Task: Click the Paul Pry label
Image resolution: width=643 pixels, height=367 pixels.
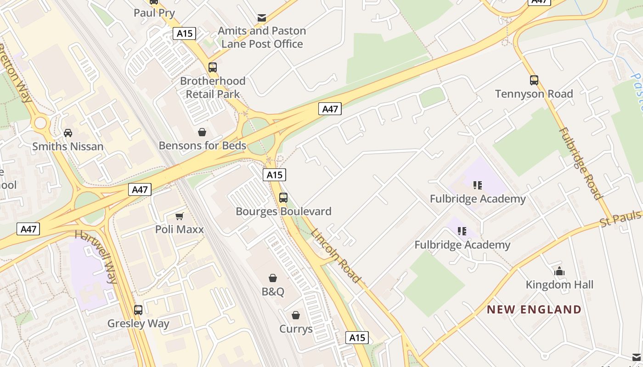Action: click(154, 13)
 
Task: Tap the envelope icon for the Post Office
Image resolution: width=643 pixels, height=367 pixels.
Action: click(262, 18)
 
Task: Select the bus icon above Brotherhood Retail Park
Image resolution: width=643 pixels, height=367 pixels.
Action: click(213, 67)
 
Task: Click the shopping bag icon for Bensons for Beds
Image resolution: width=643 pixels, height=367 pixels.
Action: click(202, 133)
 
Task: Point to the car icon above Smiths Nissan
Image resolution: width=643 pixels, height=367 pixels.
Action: click(68, 133)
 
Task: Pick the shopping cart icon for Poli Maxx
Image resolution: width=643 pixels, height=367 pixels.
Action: click(180, 216)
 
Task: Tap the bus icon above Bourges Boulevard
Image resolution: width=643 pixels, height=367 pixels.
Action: click(283, 198)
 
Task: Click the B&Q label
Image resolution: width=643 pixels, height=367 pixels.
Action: click(273, 292)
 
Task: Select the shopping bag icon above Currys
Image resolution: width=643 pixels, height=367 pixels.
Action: click(296, 315)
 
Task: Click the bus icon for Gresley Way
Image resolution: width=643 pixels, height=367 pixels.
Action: click(138, 310)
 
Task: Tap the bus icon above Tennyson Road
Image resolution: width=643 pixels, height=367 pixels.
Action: click(534, 80)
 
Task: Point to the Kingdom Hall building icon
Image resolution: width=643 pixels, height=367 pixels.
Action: click(559, 271)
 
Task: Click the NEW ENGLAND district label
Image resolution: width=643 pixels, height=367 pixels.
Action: click(534, 310)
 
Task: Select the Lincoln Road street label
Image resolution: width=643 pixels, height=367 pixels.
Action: click(336, 255)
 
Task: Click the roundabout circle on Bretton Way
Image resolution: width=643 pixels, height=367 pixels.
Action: click(40, 122)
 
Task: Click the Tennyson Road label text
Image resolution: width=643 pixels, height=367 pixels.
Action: click(534, 94)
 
